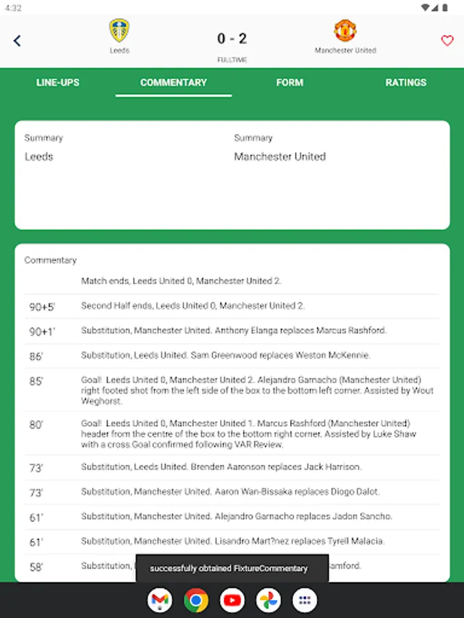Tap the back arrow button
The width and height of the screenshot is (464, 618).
17,41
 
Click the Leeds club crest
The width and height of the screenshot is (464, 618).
119,31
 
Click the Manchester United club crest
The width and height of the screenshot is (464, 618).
345,31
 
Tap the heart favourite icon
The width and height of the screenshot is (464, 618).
447,41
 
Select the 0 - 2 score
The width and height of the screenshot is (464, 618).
232,39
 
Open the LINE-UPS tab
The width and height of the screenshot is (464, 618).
58,82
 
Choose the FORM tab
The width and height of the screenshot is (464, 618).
289,82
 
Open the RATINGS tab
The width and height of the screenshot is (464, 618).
406,82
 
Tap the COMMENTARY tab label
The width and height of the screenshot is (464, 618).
173,82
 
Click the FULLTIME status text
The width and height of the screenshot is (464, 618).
232,60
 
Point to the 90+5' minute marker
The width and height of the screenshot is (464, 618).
42,307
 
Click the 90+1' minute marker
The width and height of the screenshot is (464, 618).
42,332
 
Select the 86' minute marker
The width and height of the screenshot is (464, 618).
36,356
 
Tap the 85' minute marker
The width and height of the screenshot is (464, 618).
36,382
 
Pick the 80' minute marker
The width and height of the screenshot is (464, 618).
36,425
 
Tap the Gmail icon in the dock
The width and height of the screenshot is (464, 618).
159,601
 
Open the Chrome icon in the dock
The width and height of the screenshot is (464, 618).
196,601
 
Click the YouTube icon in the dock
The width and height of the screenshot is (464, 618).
232,601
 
